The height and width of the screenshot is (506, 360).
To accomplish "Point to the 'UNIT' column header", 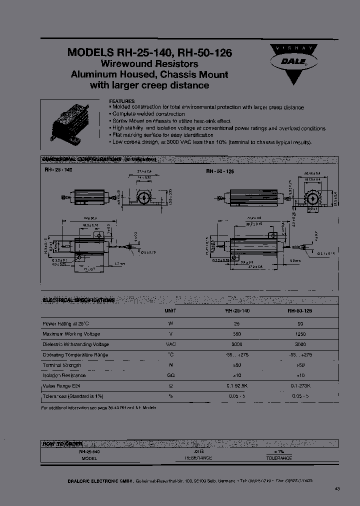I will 170,310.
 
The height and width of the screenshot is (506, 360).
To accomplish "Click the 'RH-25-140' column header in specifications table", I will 237,310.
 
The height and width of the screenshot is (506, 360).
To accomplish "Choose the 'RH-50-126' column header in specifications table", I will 300,310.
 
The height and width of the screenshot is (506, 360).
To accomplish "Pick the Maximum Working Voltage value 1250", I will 300,334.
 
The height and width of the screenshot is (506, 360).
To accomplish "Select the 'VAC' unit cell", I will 170,344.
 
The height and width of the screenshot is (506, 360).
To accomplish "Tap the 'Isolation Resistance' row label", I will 63,375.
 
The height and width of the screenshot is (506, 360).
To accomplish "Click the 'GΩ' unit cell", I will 170,375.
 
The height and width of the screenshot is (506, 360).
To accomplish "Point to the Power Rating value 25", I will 237,323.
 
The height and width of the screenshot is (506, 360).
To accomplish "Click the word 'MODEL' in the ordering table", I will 89,458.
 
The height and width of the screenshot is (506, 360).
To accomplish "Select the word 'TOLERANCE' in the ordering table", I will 278,458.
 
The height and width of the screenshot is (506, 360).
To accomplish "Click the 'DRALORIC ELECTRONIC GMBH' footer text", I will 99,480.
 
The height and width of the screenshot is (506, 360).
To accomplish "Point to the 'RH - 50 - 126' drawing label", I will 220,171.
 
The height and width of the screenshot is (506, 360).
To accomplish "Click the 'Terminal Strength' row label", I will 61,365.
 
